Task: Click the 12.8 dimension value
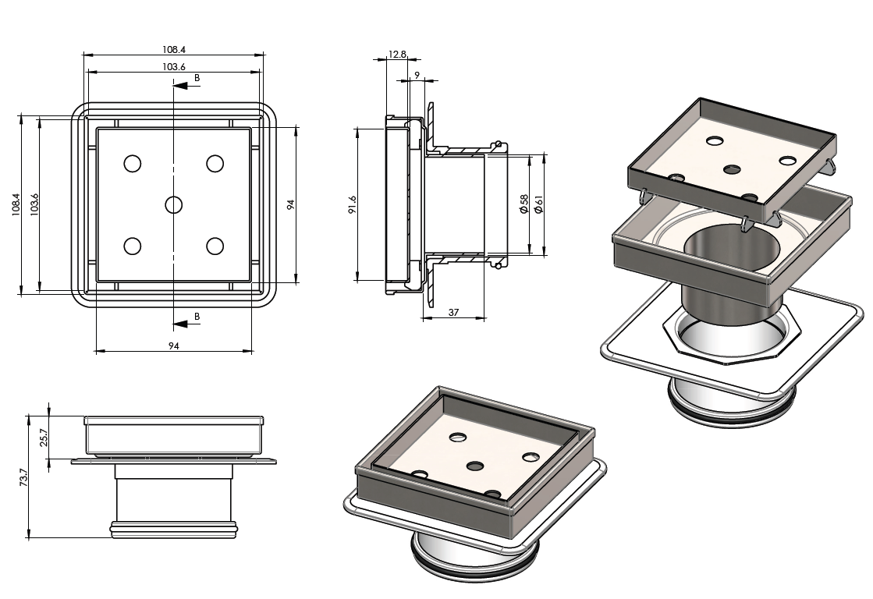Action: pos(397,55)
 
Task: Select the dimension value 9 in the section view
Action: pos(417,75)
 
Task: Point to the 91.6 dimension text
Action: pos(353,205)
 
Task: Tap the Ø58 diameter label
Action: pos(524,205)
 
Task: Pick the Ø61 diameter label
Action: pos(538,205)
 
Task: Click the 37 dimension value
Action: pos(453,312)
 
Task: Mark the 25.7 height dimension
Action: pos(44,436)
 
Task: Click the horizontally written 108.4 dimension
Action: pos(174,49)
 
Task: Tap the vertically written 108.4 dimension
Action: pos(16,205)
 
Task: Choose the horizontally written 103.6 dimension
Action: pos(174,67)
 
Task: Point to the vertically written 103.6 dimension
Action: pos(34,205)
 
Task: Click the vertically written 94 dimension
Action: pos(290,204)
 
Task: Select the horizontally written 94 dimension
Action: pos(174,346)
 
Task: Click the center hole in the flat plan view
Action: pos(173,204)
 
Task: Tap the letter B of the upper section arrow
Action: pos(197,78)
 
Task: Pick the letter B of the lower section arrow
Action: pos(197,316)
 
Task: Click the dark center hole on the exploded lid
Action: pos(733,168)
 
